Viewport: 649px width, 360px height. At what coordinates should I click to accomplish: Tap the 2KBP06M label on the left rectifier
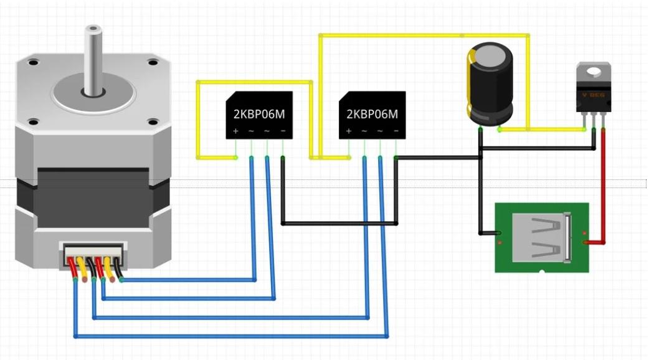[258, 114]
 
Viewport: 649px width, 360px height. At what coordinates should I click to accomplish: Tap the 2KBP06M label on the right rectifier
[372, 114]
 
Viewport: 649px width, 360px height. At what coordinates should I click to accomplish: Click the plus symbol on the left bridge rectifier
[235, 131]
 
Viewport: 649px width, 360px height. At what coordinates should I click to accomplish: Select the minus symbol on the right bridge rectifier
[396, 131]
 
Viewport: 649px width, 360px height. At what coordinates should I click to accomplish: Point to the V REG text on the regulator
[593, 95]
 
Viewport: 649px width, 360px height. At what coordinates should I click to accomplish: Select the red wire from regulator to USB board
[603, 187]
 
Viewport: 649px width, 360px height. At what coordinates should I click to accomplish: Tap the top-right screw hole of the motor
[153, 62]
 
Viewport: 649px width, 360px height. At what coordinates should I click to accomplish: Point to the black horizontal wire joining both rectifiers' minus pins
[339, 223]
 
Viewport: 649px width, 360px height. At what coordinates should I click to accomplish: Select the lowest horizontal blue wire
[230, 336]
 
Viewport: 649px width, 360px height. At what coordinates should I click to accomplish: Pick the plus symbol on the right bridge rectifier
[349, 131]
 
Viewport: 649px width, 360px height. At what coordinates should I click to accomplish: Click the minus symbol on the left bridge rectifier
[283, 131]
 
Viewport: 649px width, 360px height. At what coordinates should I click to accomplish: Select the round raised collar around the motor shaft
[93, 93]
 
